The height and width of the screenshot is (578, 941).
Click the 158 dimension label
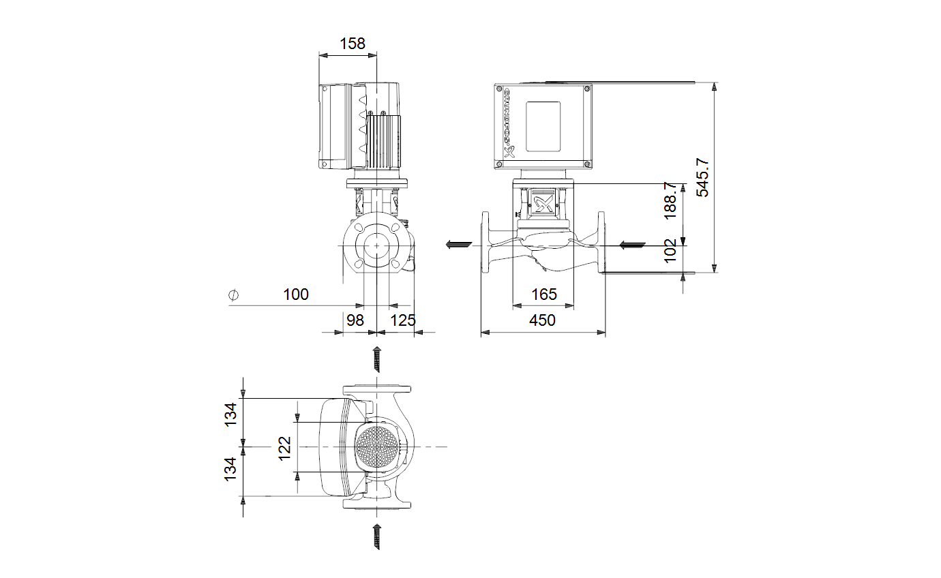(352, 43)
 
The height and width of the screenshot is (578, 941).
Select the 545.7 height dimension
(702, 177)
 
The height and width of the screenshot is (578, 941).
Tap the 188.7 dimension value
(670, 200)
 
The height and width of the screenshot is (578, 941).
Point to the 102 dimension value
(670, 251)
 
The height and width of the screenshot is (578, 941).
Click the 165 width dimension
(544, 294)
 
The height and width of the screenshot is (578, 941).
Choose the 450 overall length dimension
(542, 320)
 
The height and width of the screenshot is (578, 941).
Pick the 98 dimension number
(355, 320)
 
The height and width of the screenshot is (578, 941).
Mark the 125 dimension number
(403, 320)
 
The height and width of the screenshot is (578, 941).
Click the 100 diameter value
(296, 294)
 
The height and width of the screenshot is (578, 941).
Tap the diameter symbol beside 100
(234, 295)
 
